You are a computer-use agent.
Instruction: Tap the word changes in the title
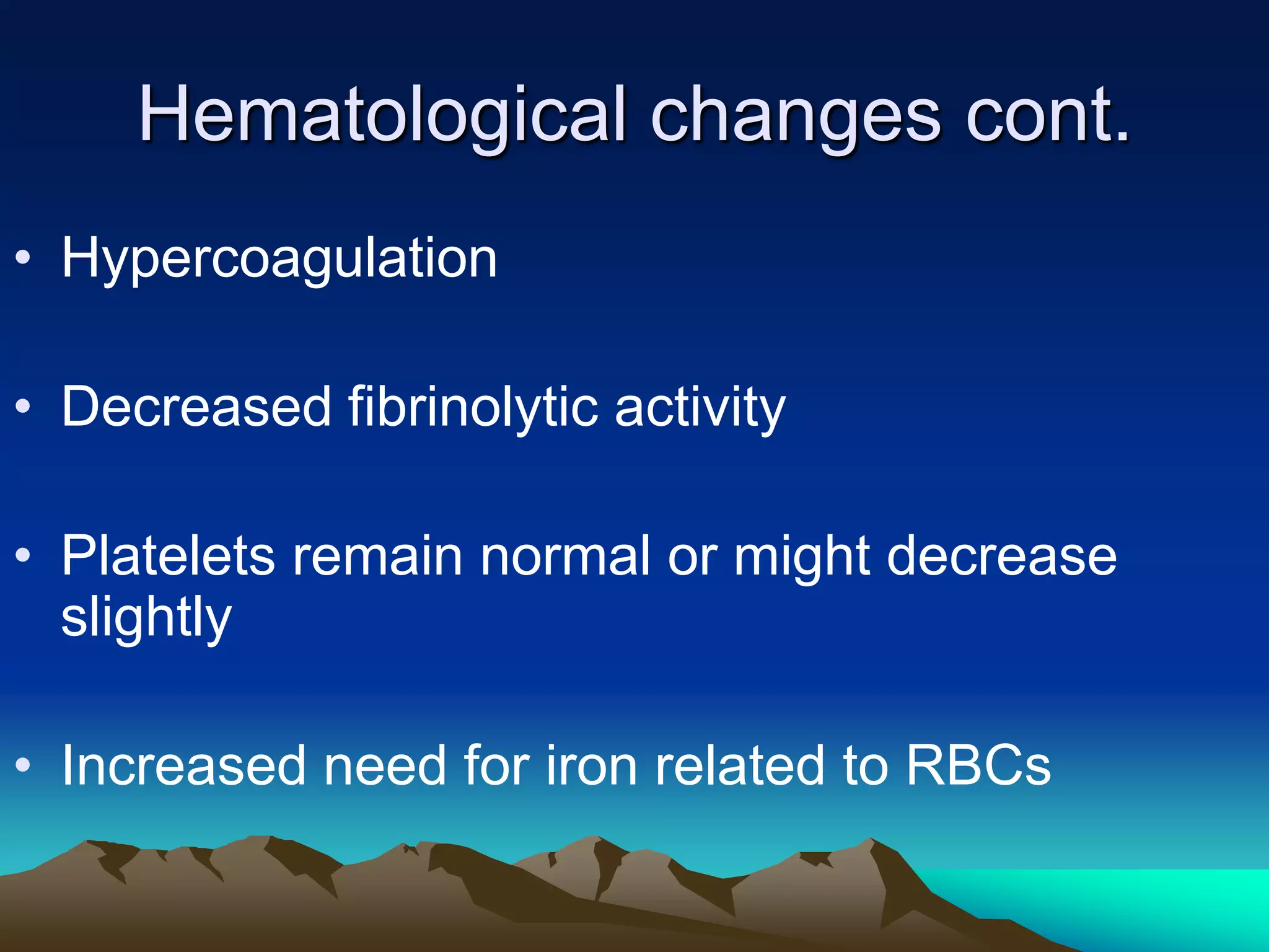pos(796,116)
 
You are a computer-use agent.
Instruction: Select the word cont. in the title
pos(1047,116)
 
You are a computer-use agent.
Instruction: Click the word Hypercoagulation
pos(279,259)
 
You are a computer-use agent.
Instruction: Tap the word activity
pos(700,407)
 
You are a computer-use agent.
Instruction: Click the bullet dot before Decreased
pos(23,407)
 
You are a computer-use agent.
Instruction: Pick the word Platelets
pos(168,556)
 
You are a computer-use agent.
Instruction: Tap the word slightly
pos(146,618)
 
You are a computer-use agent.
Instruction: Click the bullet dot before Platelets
pos(23,555)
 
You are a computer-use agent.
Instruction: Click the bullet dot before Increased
pos(23,765)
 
